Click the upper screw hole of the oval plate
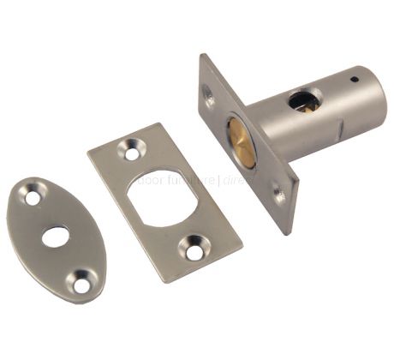click(33, 197)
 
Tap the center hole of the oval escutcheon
click(56, 236)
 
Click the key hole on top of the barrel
click(305, 101)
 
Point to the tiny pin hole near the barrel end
click(355, 80)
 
